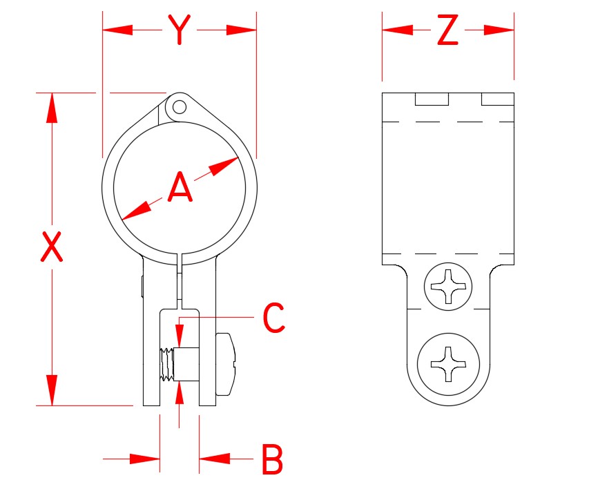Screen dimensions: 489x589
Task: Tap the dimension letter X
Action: coord(52,247)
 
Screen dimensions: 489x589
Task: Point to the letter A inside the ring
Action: coord(180,188)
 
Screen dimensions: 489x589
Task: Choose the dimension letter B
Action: coord(273,459)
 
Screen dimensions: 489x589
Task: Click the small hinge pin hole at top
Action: coord(180,106)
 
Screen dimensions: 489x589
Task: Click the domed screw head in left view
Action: coord(226,364)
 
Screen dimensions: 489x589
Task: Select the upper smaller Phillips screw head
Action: coord(449,285)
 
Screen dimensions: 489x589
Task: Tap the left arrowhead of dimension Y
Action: coord(117,30)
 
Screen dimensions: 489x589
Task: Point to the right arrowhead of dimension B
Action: coord(213,458)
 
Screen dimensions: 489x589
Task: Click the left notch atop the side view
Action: coord(432,99)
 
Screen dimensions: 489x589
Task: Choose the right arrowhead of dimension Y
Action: coord(242,30)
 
